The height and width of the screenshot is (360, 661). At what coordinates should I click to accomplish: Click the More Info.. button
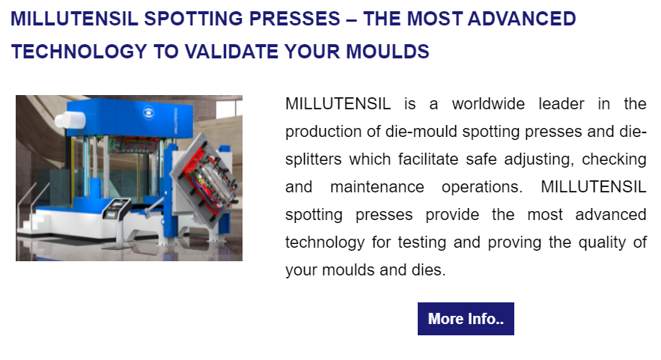pyautogui.click(x=466, y=319)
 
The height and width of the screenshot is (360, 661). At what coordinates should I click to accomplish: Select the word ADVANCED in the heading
pyautogui.click(x=522, y=19)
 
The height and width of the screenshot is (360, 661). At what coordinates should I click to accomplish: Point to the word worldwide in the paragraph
pyautogui.click(x=488, y=104)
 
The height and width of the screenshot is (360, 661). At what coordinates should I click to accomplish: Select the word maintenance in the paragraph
pyautogui.click(x=377, y=187)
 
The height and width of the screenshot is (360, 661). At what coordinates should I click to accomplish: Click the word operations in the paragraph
pyautogui.click(x=481, y=187)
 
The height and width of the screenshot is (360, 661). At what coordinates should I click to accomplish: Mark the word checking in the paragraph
pyautogui.click(x=614, y=159)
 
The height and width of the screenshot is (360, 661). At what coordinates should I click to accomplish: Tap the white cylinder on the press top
pyautogui.click(x=70, y=120)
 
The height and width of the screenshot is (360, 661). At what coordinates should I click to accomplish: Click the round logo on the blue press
pyautogui.click(x=148, y=112)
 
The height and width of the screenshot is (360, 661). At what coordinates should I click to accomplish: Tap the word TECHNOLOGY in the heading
pyautogui.click(x=79, y=52)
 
